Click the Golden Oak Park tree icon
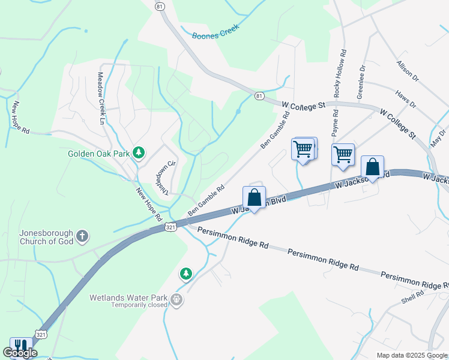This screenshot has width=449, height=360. [x=139, y=153]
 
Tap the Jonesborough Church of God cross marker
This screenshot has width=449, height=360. [x=82, y=237]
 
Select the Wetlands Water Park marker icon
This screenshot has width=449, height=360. [x=176, y=298]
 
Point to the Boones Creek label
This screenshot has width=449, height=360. [x=215, y=32]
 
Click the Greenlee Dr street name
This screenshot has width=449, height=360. [x=361, y=82]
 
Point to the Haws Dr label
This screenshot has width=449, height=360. [x=406, y=100]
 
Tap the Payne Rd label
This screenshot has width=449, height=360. [x=334, y=122]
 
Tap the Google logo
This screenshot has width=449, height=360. [x=20, y=353]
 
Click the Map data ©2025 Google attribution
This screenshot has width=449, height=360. [x=411, y=355]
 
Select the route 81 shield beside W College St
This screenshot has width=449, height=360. [x=259, y=96]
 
